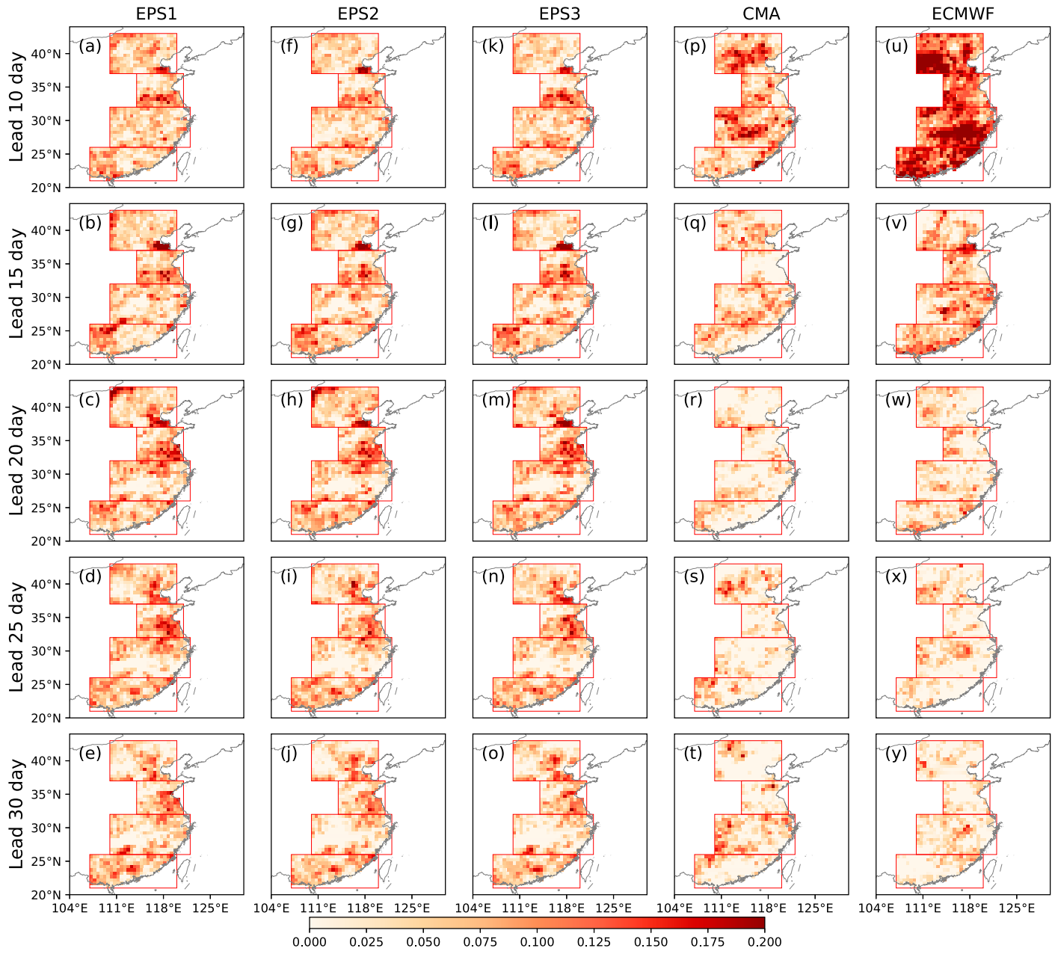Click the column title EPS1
pyautogui.click(x=156, y=13)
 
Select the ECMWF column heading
pyautogui.click(x=962, y=13)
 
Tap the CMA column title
pyautogui.click(x=761, y=13)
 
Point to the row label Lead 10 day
pyautogui.click(x=16, y=107)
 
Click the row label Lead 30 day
pyautogui.click(x=16, y=814)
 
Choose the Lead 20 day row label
pyautogui.click(x=16, y=460)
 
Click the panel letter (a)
pyautogui.click(x=90, y=46)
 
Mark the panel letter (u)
pyautogui.click(x=896, y=46)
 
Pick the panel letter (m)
pyautogui.click(x=496, y=400)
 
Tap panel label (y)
pyautogui.click(x=896, y=754)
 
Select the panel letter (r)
pyautogui.click(x=693, y=400)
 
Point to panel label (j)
pyautogui.click(x=289, y=754)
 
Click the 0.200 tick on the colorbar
pyautogui.click(x=764, y=941)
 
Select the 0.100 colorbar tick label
pyautogui.click(x=537, y=941)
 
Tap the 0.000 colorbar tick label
pyautogui.click(x=310, y=941)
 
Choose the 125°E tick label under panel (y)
pyautogui.click(x=1017, y=908)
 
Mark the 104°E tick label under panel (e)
pyautogui.click(x=70, y=908)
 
